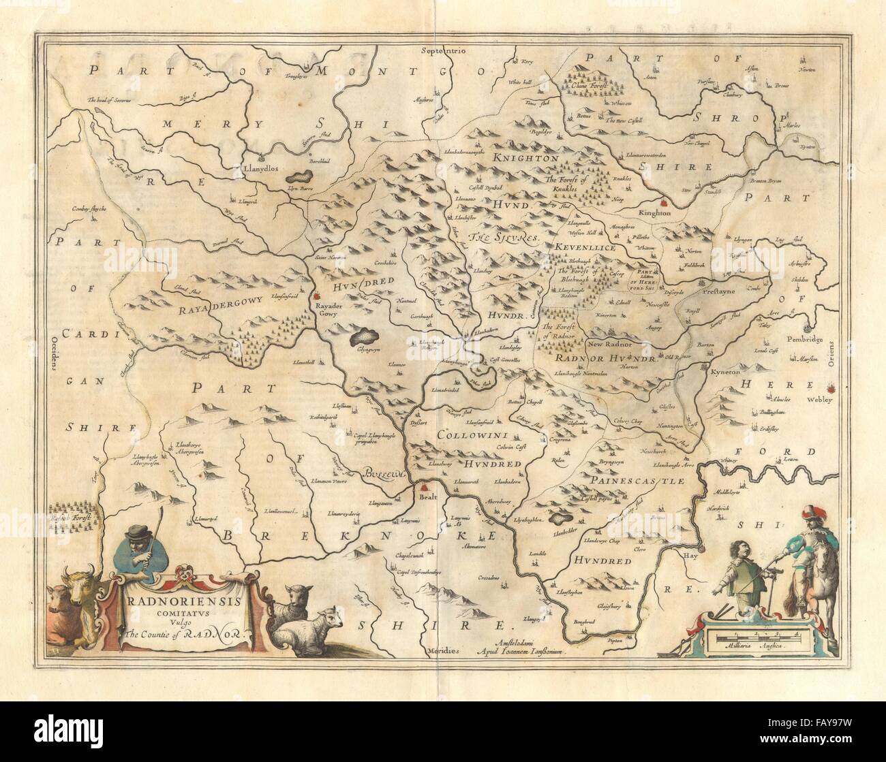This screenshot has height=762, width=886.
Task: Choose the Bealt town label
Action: pyautogui.click(x=425, y=498)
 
